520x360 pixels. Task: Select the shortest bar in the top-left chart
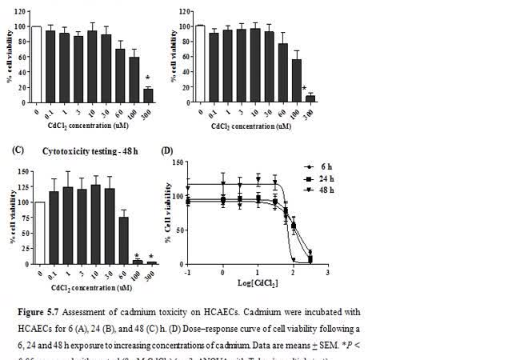coord(148,96)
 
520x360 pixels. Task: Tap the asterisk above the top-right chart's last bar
coord(304,89)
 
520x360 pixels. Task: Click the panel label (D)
coord(167,150)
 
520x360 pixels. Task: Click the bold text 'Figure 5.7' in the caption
coord(37,311)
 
